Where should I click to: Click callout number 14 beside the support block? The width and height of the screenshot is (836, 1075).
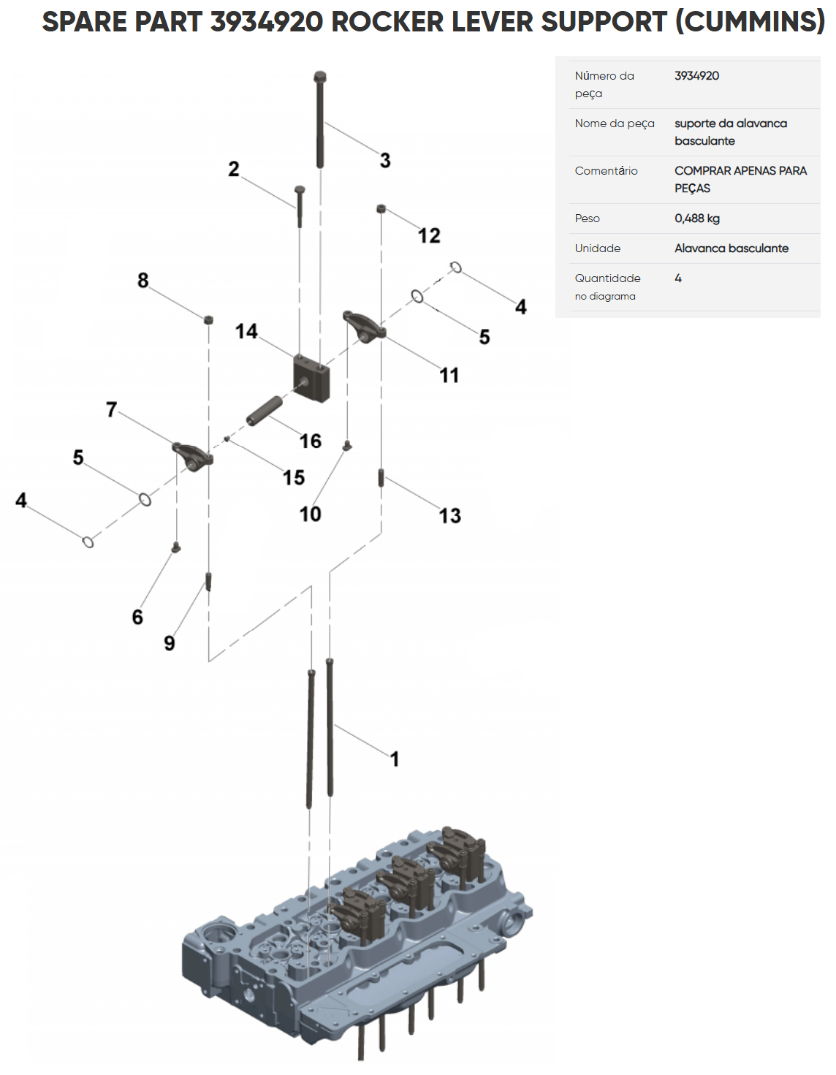pos(246,331)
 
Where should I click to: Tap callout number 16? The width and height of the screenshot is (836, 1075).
pos(311,441)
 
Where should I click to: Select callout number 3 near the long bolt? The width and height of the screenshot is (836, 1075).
pos(385,160)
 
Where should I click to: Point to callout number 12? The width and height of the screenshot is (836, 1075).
pos(429,235)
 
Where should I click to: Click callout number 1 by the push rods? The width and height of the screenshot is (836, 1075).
pos(395,759)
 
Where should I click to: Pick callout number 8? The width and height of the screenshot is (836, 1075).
pos(143,280)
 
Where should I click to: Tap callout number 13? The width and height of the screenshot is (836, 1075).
pos(450,515)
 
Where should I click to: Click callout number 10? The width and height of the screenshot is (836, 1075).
pos(310,514)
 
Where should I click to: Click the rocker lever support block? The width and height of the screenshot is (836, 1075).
pos(311,378)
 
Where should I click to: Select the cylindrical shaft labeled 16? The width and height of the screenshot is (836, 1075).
pos(264,411)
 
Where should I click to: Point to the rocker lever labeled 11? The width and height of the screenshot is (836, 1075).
pos(364,324)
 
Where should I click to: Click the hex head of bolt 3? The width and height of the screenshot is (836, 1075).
pos(319,77)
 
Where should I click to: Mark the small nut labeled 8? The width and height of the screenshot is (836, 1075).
pos(208,319)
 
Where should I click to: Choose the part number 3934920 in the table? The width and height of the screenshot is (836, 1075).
pos(696,76)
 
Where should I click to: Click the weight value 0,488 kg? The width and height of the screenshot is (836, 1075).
pos(696,219)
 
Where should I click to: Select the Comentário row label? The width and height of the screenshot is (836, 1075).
pos(606,171)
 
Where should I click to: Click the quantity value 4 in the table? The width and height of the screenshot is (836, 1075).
pos(678,278)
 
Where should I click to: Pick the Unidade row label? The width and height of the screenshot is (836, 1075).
pos(597,248)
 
